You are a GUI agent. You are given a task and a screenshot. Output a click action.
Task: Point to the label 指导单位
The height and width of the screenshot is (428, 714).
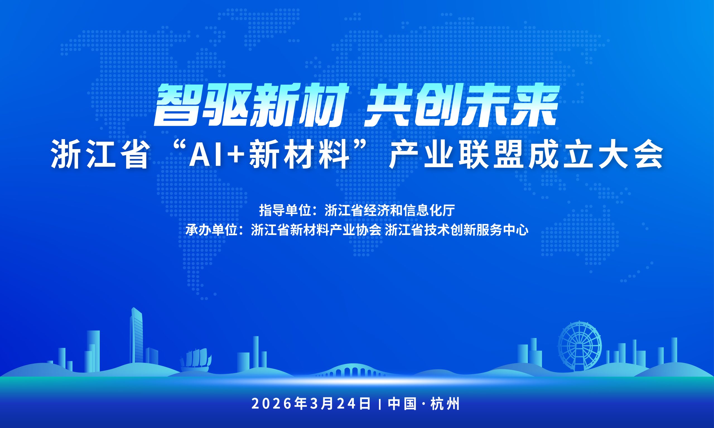tap(284, 210)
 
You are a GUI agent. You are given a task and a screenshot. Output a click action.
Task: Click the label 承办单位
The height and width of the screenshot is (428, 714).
tap(211, 231)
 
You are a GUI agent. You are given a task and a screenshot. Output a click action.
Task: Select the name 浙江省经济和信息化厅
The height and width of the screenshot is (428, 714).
tap(390, 210)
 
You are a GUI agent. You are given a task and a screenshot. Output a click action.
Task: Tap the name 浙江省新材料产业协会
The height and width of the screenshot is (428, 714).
tap(316, 231)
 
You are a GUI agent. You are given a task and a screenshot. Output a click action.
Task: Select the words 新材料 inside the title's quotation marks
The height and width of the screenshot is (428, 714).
tap(298, 157)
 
